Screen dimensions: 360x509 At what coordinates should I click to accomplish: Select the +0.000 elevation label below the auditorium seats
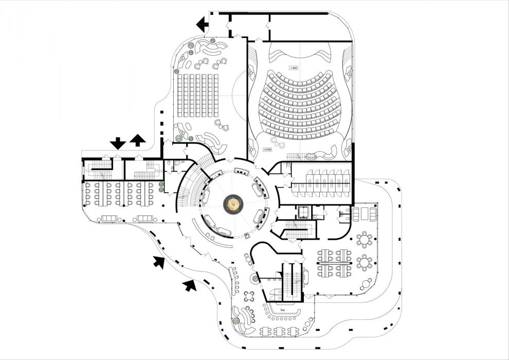click(x=267, y=149)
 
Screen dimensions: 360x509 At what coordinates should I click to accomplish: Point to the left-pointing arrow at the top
click(x=203, y=24)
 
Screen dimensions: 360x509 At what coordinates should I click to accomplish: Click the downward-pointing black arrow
click(x=118, y=142)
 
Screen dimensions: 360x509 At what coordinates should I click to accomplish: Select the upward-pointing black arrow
click(x=137, y=140)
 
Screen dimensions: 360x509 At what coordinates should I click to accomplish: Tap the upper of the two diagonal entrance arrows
click(x=160, y=262)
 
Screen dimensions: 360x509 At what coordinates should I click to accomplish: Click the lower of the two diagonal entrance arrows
click(x=190, y=284)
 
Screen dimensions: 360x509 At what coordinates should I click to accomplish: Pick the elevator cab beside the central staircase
click(x=301, y=211)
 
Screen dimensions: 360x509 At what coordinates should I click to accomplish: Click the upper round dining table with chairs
click(x=365, y=239)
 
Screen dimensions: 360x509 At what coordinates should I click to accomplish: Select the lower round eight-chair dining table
click(x=365, y=263)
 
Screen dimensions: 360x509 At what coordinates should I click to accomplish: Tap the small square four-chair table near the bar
click(x=250, y=296)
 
